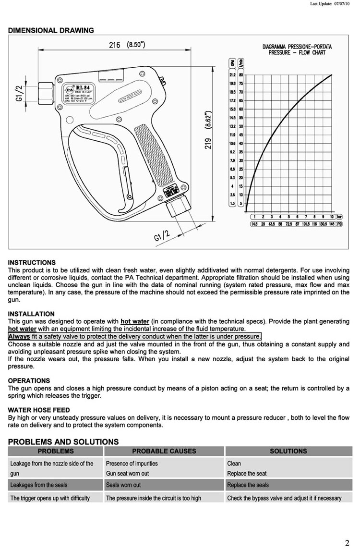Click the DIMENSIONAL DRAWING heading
pyautogui.click(x=51, y=30)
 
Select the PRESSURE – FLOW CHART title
pyautogui.click(x=297, y=49)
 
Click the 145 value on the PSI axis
pyautogui.click(x=332, y=224)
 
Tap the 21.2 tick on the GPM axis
pyautogui.click(x=232, y=75)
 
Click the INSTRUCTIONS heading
pyautogui.click(x=32, y=263)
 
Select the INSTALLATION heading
pyautogui.click(x=31, y=314)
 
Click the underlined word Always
pyautogui.click(x=19, y=336)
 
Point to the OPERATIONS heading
pyautogui.click(x=29, y=380)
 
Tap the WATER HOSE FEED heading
pyautogui.click(x=39, y=410)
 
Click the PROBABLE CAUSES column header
pyautogui.click(x=164, y=451)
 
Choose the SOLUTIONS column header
pyautogui.click(x=288, y=451)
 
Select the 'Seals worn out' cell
pyautogui.click(x=123, y=485)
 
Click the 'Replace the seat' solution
pyautogui.click(x=247, y=474)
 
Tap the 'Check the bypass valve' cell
pyautogui.click(x=284, y=498)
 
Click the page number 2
pyautogui.click(x=347, y=543)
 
